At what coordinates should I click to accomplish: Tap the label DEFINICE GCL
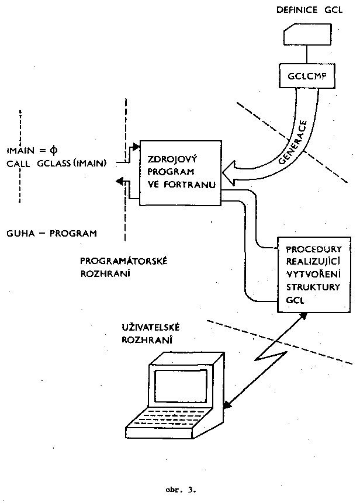pyautogui.click(x=308, y=10)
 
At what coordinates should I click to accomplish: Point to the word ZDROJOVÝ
pyautogui.click(x=167, y=159)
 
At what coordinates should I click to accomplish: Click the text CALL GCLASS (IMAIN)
pyautogui.click(x=57, y=163)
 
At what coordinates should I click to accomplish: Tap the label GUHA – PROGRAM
pyautogui.click(x=51, y=233)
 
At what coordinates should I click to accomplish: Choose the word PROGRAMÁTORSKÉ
pyautogui.click(x=123, y=261)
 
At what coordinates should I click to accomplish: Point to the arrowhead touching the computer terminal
pyautogui.click(x=227, y=403)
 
